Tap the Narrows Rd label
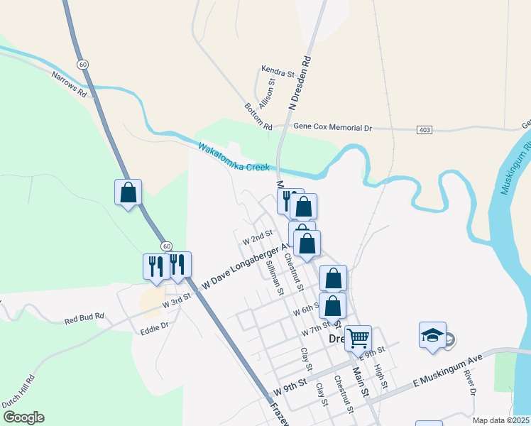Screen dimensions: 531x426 click(69, 84)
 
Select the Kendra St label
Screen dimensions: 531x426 click(278, 73)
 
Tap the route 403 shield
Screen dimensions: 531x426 click(425, 129)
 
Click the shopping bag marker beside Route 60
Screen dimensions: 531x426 click(128, 192)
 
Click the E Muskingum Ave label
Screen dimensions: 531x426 click(448, 371)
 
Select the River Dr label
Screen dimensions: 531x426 click(469, 381)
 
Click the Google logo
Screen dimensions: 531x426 click(23, 417)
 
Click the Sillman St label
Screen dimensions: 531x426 click(274, 278)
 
